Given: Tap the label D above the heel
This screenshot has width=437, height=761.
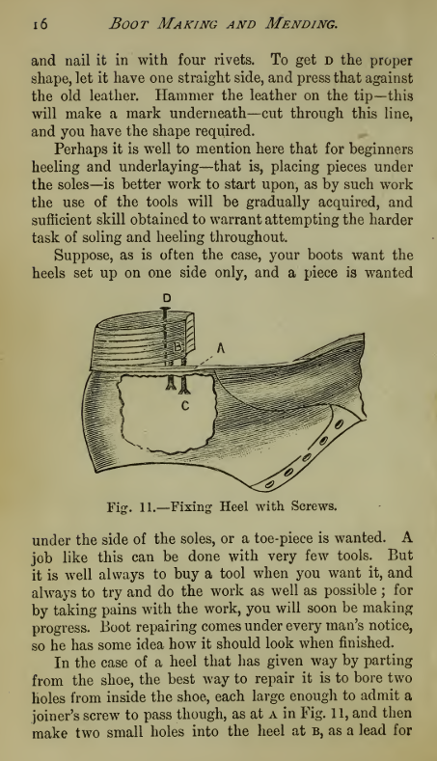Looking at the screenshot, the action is coord(167,297).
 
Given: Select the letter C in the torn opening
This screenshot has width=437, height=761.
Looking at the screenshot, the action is coord(185,408).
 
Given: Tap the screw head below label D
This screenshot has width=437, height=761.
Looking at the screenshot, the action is coord(167,312).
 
